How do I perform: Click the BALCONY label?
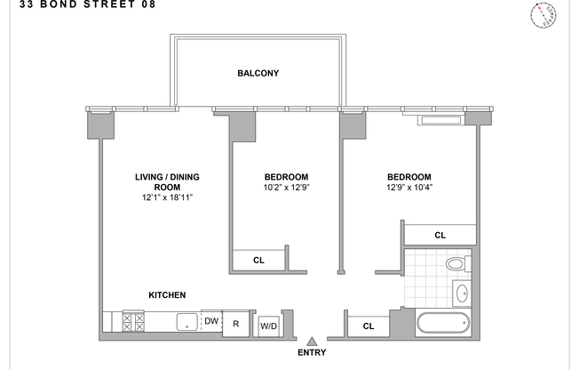click(x=258, y=73)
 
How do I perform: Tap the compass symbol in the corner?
click(x=543, y=14)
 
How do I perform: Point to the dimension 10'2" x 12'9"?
click(x=285, y=188)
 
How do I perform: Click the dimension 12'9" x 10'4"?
click(x=408, y=188)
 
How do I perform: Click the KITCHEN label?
click(x=167, y=295)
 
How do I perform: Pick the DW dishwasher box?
click(x=210, y=321)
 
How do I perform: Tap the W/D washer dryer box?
click(x=267, y=326)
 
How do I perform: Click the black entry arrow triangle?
click(x=312, y=341)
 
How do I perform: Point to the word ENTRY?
click(x=313, y=353)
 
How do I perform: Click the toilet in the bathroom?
click(x=456, y=264)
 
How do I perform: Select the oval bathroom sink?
click(x=461, y=293)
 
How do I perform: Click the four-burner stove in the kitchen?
click(x=132, y=321)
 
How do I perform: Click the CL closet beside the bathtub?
click(x=368, y=326)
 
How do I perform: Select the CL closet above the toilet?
click(x=439, y=236)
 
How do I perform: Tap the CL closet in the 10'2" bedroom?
click(x=258, y=260)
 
